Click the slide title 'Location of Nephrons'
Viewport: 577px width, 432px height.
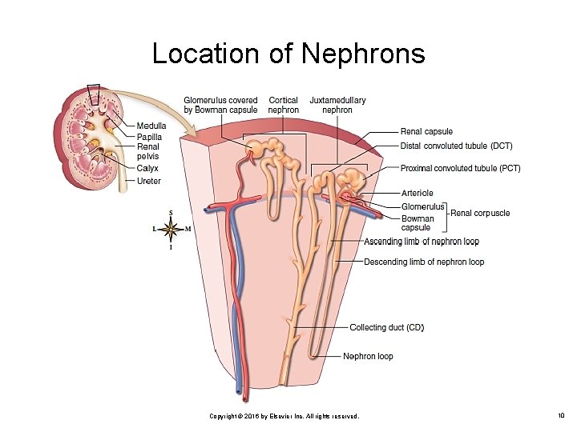pos(288,54)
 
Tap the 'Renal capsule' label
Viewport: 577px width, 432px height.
pos(426,132)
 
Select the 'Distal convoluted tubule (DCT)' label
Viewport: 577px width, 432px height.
pos(457,146)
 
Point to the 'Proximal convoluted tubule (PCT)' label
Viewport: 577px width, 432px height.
pos(461,169)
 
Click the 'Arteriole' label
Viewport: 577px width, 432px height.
pos(418,193)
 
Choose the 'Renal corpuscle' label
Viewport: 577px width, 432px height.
pos(480,213)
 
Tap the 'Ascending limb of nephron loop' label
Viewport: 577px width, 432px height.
pos(422,242)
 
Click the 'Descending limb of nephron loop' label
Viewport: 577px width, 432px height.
pos(424,262)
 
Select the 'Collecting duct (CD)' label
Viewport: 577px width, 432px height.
pos(387,328)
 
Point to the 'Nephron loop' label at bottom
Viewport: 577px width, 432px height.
pos(368,356)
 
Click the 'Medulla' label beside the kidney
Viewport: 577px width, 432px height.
pos(151,126)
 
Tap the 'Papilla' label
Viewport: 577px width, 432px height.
pos(149,138)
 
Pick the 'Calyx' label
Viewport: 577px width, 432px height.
pos(147,169)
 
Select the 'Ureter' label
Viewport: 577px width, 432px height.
pos(148,181)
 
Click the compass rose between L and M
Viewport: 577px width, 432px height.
pos(170,229)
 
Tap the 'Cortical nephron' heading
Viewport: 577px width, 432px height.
pos(284,105)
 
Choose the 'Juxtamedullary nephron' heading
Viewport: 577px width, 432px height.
pos(337,105)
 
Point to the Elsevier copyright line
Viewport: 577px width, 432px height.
pos(284,417)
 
